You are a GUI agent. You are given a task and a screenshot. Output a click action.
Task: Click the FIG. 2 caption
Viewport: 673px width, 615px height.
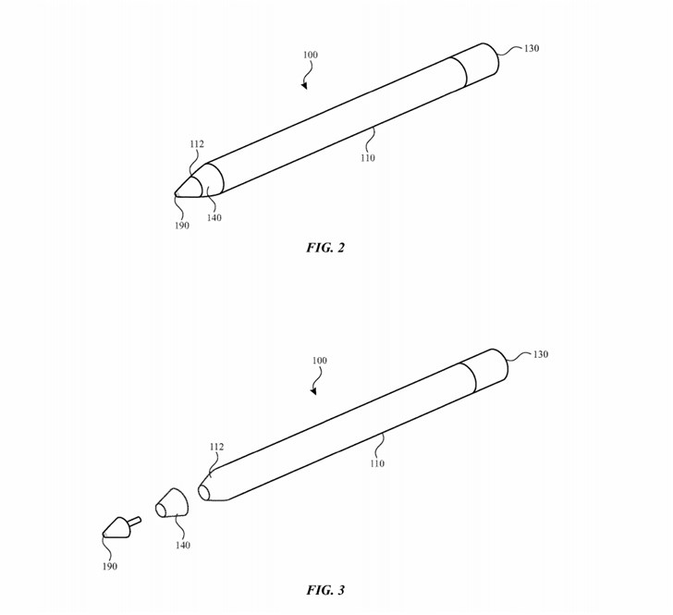pyautogui.click(x=324, y=248)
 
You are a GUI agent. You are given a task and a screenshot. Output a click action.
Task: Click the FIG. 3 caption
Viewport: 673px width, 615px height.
pyautogui.click(x=324, y=590)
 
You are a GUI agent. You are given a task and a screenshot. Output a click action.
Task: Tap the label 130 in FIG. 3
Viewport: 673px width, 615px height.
pyautogui.click(x=540, y=355)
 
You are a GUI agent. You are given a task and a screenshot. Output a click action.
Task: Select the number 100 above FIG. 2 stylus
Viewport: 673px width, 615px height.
pyautogui.click(x=310, y=55)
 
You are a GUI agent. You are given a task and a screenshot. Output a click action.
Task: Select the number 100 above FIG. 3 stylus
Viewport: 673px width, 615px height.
pyautogui.click(x=319, y=361)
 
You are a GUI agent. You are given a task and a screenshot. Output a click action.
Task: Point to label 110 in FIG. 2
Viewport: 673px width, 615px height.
pyautogui.click(x=368, y=158)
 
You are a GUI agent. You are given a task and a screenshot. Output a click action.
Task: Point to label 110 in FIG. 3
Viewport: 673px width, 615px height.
pyautogui.click(x=377, y=463)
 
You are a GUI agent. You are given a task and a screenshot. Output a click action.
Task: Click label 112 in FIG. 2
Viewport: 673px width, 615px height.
pyautogui.click(x=197, y=144)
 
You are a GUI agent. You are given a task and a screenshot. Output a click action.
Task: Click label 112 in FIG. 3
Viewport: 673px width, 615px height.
pyautogui.click(x=216, y=447)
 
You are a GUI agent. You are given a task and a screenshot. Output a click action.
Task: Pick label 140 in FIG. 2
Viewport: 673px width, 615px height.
pyautogui.click(x=214, y=218)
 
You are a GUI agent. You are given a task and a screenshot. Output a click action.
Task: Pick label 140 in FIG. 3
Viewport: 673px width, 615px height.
pyautogui.click(x=183, y=546)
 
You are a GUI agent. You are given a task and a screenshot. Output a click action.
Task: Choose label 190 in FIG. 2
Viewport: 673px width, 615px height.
pyautogui.click(x=182, y=226)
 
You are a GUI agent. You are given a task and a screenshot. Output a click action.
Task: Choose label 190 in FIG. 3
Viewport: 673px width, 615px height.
pyautogui.click(x=110, y=567)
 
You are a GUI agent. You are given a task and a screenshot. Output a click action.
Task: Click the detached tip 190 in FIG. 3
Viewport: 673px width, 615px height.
pyautogui.click(x=118, y=528)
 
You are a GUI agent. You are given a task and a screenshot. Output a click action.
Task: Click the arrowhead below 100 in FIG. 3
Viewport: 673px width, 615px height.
pyautogui.click(x=313, y=391)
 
